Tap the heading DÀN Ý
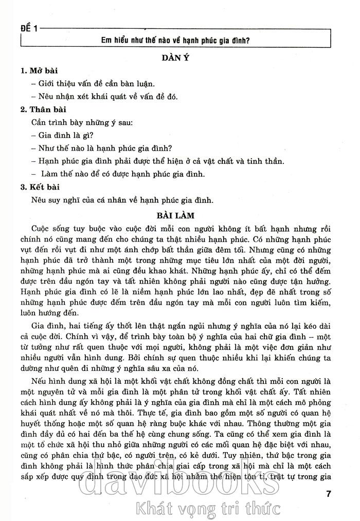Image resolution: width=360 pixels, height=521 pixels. pyautogui.click(x=176, y=59)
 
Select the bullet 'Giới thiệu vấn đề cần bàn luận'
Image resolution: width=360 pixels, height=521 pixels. pyautogui.click(x=93, y=83)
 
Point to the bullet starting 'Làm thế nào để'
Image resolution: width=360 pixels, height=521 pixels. pyautogui.click(x=118, y=174)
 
